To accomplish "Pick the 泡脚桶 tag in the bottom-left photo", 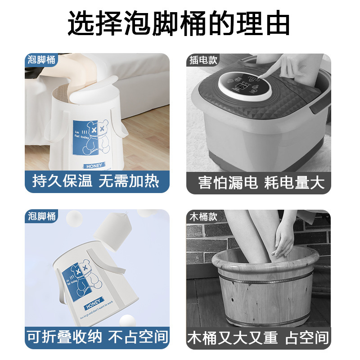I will (41, 216).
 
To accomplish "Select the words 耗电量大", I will (294, 182).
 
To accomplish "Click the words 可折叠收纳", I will (66, 337).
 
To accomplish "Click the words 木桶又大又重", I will (233, 337).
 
